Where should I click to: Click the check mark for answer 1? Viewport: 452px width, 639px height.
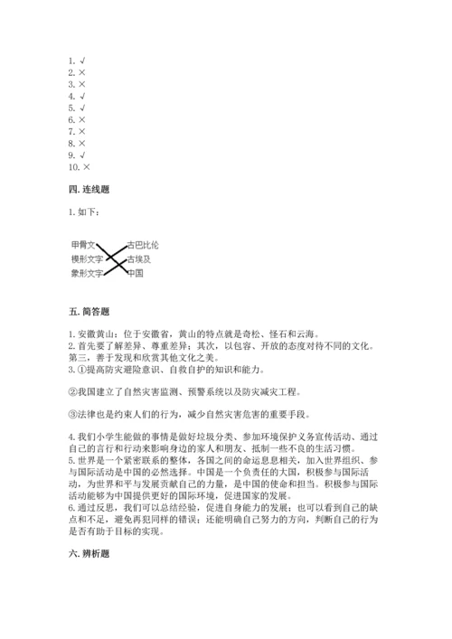click(82, 61)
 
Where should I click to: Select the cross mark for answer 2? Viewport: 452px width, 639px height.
click(82, 72)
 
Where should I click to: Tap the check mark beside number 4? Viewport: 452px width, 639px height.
click(82, 96)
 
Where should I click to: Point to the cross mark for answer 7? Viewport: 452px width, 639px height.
click(82, 131)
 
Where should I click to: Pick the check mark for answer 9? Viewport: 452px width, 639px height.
click(82, 155)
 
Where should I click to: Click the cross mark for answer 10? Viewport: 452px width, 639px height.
click(87, 167)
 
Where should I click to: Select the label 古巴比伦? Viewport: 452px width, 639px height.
click(143, 245)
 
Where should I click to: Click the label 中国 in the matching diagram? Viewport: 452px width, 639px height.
click(136, 272)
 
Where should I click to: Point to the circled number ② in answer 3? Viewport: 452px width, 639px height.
click(72, 391)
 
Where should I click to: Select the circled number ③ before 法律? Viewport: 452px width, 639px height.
click(72, 415)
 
